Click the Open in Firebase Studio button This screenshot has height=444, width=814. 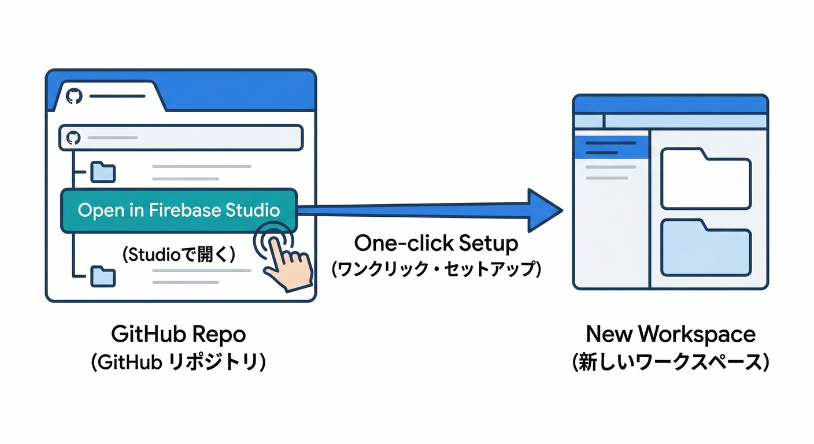178,210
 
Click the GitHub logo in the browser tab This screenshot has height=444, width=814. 73,96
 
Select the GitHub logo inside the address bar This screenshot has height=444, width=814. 73,138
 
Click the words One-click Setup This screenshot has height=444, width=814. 436,243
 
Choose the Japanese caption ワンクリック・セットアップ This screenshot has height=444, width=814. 436,269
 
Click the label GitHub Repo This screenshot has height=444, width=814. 178,335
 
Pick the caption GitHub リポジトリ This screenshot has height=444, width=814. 178,362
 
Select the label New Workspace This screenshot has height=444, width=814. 670,335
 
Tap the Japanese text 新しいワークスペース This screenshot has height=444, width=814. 670,362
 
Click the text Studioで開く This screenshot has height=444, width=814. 179,255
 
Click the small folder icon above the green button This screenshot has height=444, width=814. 103,172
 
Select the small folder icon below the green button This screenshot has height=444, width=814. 103,276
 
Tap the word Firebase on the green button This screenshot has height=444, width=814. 182,210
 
